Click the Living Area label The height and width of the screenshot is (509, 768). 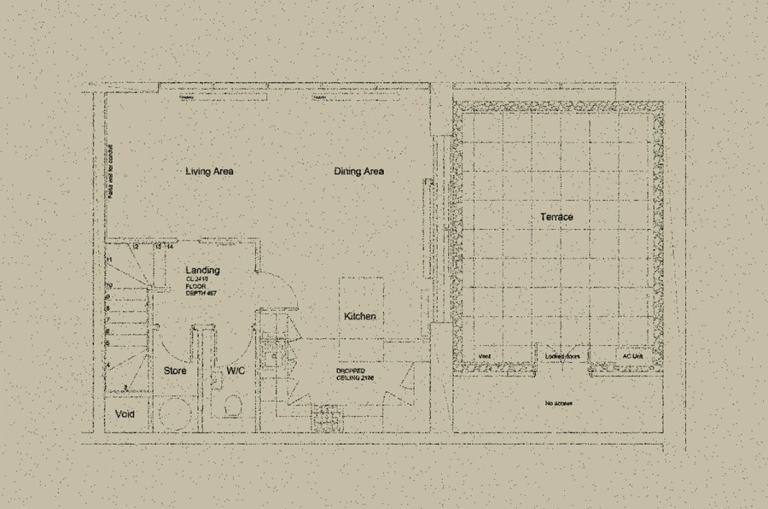tap(209, 172)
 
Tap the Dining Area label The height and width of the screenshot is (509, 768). tap(358, 172)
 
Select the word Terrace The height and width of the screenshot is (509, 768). tap(556, 218)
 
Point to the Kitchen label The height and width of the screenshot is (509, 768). tap(359, 317)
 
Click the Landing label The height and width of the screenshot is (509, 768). tap(202, 271)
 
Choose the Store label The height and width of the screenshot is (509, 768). tap(175, 372)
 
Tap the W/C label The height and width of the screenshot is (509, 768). tap(236, 372)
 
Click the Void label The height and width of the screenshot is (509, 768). tap(125, 414)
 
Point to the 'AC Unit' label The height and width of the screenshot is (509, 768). tap(631, 356)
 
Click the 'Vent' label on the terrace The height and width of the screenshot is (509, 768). tap(484, 356)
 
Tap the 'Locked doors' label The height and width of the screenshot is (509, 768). tap(561, 356)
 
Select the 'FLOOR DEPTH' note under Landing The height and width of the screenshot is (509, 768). tap(202, 289)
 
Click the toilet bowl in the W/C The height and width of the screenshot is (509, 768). tap(230, 408)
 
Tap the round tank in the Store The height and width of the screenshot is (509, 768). tap(175, 413)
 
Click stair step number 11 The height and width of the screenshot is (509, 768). tap(109, 259)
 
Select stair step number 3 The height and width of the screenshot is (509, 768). tap(125, 387)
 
